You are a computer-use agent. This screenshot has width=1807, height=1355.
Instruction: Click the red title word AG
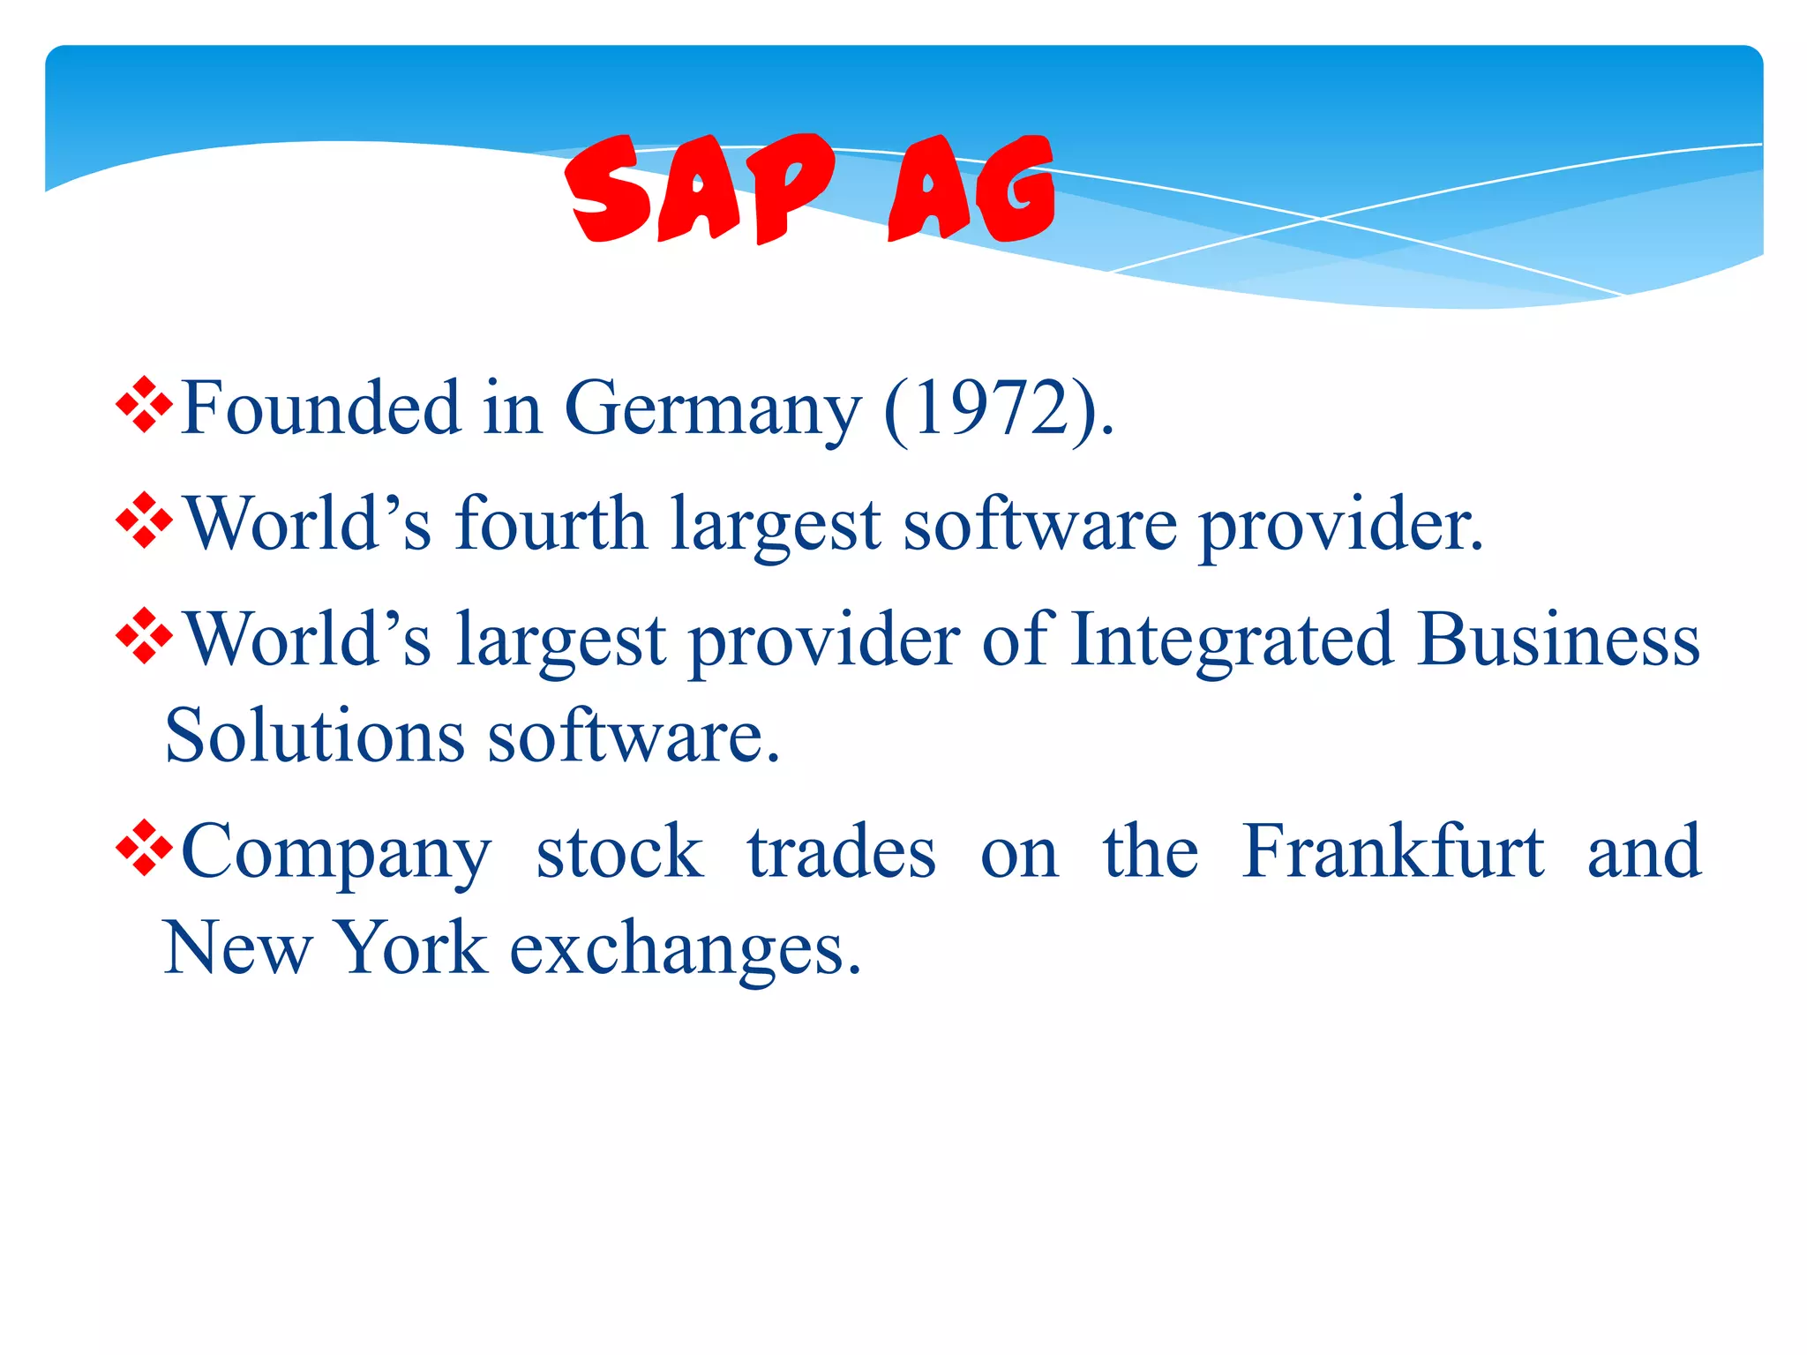pos(971,190)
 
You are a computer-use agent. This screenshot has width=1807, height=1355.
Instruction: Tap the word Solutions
pos(314,736)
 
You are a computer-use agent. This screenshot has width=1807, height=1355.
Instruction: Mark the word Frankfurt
pos(1393,850)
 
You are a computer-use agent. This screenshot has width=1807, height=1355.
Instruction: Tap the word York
pos(413,947)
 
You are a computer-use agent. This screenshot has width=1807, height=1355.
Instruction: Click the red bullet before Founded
pos(144,405)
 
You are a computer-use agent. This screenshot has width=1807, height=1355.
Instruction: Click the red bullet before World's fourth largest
pos(144,521)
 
